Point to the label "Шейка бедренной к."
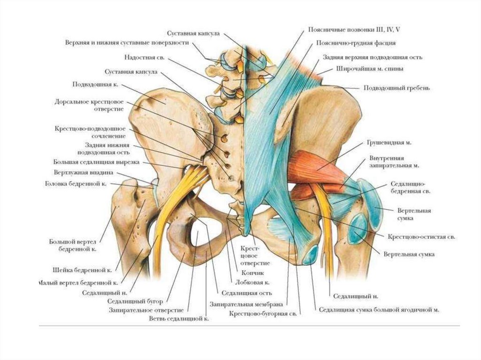click(82, 270)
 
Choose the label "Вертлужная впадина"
click(83, 172)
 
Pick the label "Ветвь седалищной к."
click(179, 318)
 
